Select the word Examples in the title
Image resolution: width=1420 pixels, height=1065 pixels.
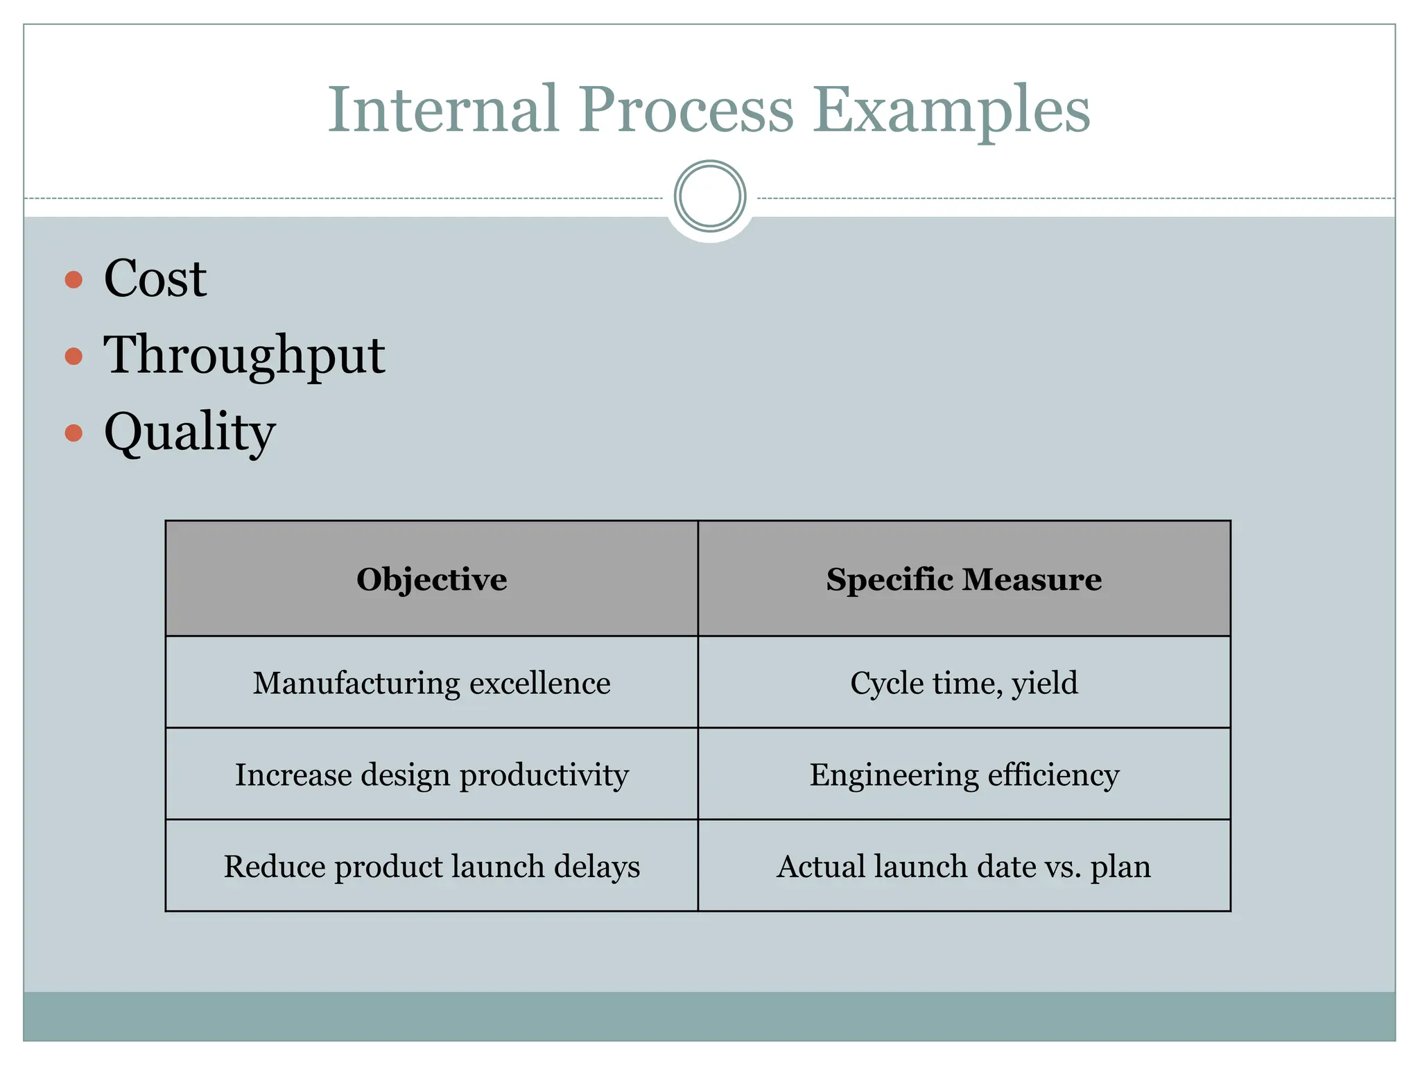tap(951, 111)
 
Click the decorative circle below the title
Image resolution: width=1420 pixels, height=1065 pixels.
tap(709, 196)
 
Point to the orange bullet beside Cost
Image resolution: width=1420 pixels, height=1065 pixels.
tap(73, 279)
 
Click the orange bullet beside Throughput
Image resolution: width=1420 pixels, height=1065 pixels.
tap(73, 356)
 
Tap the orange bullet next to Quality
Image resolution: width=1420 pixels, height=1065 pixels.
tap(73, 433)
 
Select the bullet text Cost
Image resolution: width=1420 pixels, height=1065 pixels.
tap(155, 279)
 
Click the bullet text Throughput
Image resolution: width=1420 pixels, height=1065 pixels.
tap(244, 356)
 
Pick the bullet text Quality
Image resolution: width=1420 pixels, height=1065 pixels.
tap(189, 433)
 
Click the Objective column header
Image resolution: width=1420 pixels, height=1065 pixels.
tap(431, 579)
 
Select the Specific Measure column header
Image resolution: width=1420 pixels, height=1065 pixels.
tap(964, 579)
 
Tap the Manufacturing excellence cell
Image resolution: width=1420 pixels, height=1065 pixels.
tap(431, 683)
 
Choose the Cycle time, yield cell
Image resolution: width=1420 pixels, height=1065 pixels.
tap(964, 683)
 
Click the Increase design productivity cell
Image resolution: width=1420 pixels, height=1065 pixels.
tap(431, 774)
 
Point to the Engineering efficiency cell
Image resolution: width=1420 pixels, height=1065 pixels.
tap(964, 774)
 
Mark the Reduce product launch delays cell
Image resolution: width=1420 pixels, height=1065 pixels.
tap(431, 866)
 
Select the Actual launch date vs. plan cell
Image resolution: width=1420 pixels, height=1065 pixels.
tap(964, 866)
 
